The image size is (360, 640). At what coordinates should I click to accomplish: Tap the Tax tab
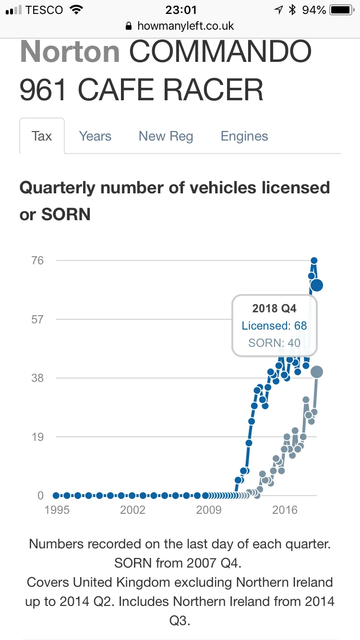pyautogui.click(x=42, y=136)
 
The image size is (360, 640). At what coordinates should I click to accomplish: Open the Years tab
pyautogui.click(x=95, y=136)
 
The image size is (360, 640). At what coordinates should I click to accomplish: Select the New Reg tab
pyautogui.click(x=166, y=136)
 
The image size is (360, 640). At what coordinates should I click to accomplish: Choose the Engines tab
pyautogui.click(x=244, y=136)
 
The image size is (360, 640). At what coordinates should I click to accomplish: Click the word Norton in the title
pyautogui.click(x=70, y=52)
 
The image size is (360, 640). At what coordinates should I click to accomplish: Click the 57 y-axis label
pyautogui.click(x=37, y=319)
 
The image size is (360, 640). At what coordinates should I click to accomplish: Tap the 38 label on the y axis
pyautogui.click(x=37, y=378)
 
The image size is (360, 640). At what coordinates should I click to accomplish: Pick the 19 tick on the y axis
pyautogui.click(x=37, y=437)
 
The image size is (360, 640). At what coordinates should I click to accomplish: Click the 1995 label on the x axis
pyautogui.click(x=57, y=510)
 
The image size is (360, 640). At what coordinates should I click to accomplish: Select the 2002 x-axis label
pyautogui.click(x=132, y=510)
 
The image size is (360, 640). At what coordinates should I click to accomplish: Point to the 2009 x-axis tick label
pyautogui.click(x=209, y=510)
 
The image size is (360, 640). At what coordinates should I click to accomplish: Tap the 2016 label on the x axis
pyautogui.click(x=285, y=510)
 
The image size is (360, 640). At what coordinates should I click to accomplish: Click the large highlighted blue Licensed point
pyautogui.click(x=316, y=285)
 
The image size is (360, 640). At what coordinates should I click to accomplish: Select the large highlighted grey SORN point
pyautogui.click(x=316, y=371)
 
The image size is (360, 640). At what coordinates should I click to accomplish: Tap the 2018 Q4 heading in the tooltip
pyautogui.click(x=275, y=308)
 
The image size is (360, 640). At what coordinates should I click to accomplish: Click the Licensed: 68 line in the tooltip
pyautogui.click(x=274, y=326)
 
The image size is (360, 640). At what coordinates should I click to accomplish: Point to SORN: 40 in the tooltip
pyautogui.click(x=274, y=343)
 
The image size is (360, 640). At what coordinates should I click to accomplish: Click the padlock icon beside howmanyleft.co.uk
pyautogui.click(x=128, y=26)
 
